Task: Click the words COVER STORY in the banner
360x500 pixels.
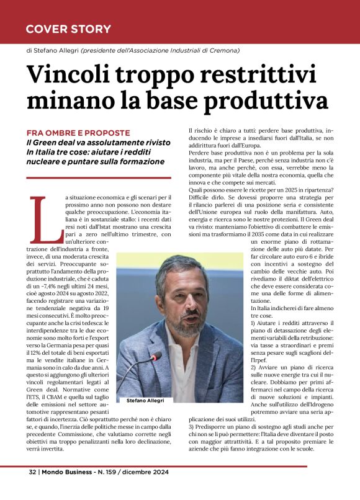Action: point(68,29)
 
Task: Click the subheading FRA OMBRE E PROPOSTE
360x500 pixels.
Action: point(78,133)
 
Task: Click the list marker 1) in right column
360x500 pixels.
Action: point(192,323)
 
